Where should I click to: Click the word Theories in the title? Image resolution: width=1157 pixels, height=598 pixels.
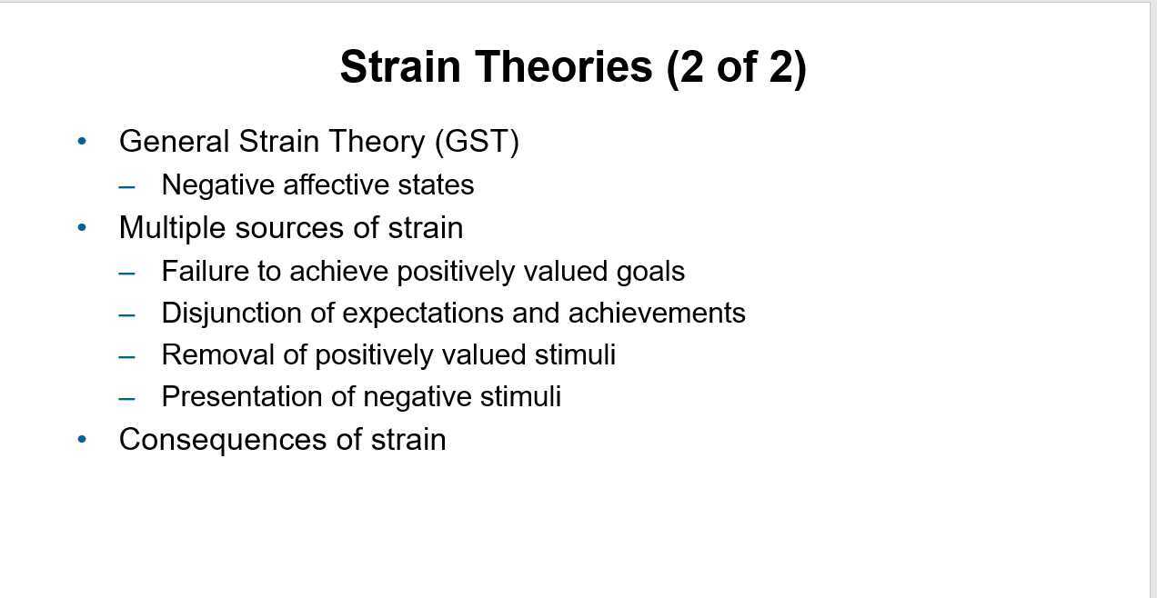tap(564, 66)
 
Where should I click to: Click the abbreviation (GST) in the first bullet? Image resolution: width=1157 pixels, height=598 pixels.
tap(477, 141)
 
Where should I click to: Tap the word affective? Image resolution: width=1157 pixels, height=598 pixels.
tap(336, 184)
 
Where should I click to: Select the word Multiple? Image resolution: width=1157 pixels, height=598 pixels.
tap(172, 228)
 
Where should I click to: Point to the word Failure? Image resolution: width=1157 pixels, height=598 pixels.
tap(205, 271)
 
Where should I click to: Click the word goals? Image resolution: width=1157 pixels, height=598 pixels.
tap(650, 273)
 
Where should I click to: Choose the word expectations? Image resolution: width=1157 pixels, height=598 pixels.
tap(423, 314)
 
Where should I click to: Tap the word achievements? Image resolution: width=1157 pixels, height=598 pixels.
tap(657, 313)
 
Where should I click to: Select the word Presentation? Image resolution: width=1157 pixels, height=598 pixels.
tap(242, 396)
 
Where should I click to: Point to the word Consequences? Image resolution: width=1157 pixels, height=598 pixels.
tap(223, 440)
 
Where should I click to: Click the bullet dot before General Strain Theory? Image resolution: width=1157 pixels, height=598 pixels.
tap(82, 140)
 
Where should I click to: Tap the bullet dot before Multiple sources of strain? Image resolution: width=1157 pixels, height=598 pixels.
tap(82, 227)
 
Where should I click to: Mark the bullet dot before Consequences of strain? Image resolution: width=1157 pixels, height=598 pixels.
tap(82, 439)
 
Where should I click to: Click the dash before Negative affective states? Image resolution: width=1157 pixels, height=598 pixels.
tap(126, 186)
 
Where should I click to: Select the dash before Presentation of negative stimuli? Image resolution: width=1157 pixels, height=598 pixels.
tap(126, 398)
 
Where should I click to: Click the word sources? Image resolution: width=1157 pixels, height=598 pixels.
tap(289, 229)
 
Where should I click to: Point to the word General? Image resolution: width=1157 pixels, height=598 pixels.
tap(174, 141)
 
